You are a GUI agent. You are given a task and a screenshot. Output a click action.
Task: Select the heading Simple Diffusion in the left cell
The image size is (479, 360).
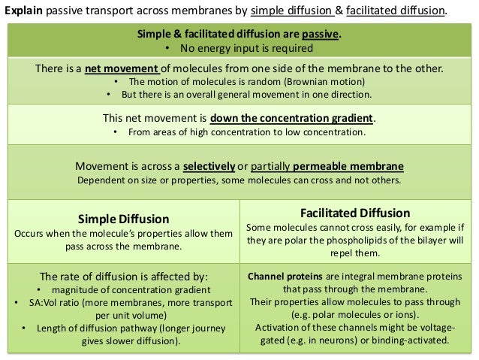pos(124,219)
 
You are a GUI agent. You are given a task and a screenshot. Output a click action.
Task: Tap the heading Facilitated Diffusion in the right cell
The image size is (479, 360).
pos(355,213)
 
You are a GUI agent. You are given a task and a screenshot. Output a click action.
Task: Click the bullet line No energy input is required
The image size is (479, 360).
pos(246,48)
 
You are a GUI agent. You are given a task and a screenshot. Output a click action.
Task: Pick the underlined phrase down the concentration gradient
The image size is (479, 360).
pos(291,119)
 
